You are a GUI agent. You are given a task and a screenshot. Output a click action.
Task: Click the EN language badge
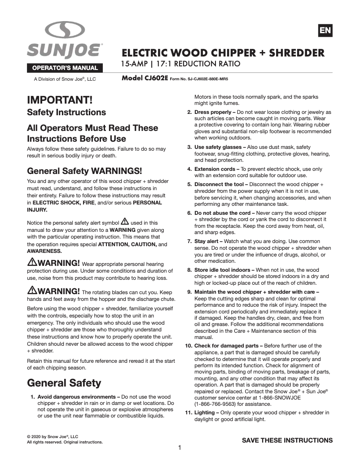click(x=325, y=30)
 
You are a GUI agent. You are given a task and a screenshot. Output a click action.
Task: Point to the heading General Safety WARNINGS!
click(x=84, y=171)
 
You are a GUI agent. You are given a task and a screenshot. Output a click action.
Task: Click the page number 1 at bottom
click(x=180, y=448)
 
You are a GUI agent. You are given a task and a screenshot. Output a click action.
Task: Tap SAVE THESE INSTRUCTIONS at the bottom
click(x=287, y=440)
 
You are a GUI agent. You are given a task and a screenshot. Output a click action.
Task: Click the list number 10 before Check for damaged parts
click(x=189, y=346)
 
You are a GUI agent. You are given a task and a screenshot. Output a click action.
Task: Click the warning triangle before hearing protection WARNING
click(x=32, y=262)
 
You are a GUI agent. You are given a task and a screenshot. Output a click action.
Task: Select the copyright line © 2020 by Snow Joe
click(x=53, y=436)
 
